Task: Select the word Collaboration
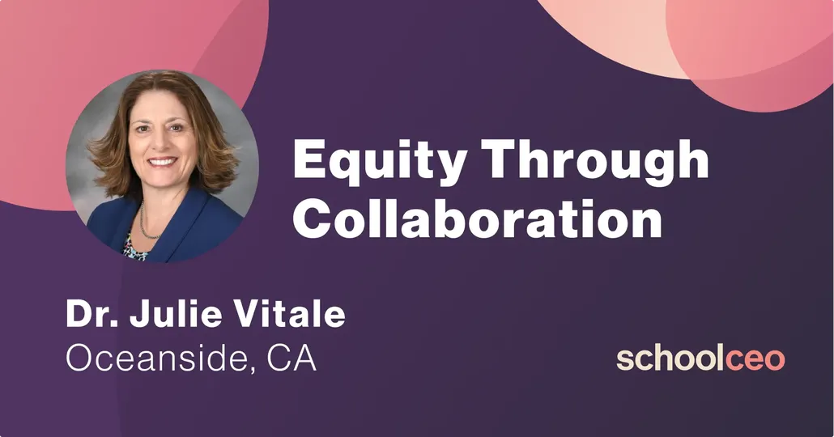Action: pyautogui.click(x=477, y=218)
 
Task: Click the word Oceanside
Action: pyautogui.click(x=155, y=358)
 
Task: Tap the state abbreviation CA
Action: pyautogui.click(x=291, y=358)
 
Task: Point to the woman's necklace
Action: pyautogui.click(x=147, y=223)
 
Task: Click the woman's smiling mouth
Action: pyautogui.click(x=161, y=162)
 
